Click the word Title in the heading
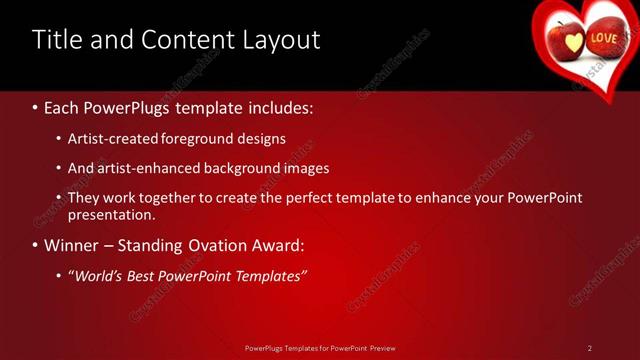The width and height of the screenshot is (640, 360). point(56,40)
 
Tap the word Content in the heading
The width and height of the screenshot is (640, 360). point(185,40)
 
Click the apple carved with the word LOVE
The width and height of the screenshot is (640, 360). point(603,41)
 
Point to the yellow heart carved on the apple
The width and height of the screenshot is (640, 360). point(572,43)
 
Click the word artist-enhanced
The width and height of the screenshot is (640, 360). point(144,168)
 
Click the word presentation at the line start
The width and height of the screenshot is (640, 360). point(111,214)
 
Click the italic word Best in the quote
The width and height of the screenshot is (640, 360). point(148,275)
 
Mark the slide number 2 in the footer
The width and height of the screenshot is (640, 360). point(590,348)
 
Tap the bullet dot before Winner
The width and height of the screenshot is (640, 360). point(36,245)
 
